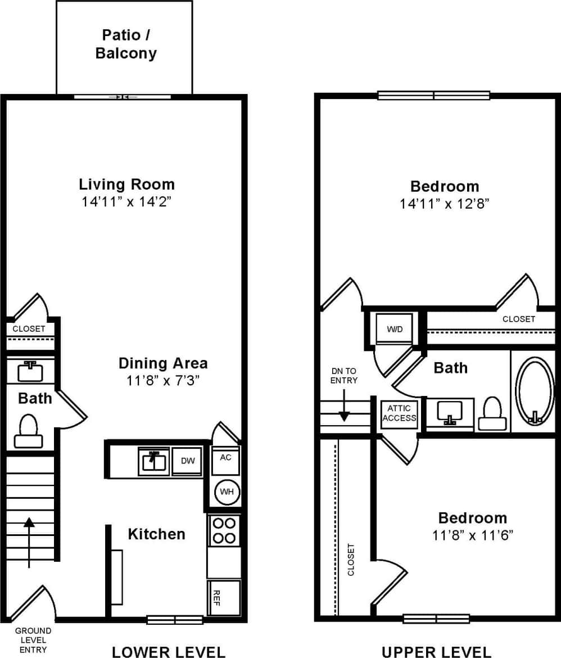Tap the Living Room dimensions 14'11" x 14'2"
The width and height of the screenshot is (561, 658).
(126, 202)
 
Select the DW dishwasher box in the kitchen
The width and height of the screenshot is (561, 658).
(187, 461)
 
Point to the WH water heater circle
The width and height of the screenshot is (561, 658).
(227, 492)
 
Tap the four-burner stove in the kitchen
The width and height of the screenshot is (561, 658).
(224, 530)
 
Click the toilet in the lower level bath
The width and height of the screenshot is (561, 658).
(29, 431)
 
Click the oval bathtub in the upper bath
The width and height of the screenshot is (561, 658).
(535, 390)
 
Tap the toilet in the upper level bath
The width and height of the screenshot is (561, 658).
(492, 414)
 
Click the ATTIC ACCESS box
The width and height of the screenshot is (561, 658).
(400, 414)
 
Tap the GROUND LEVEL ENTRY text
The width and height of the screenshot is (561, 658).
(33, 640)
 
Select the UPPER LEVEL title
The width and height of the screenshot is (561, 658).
(436, 652)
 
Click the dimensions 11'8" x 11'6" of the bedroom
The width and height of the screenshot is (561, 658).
(473, 535)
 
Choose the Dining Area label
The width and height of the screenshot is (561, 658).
(163, 363)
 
